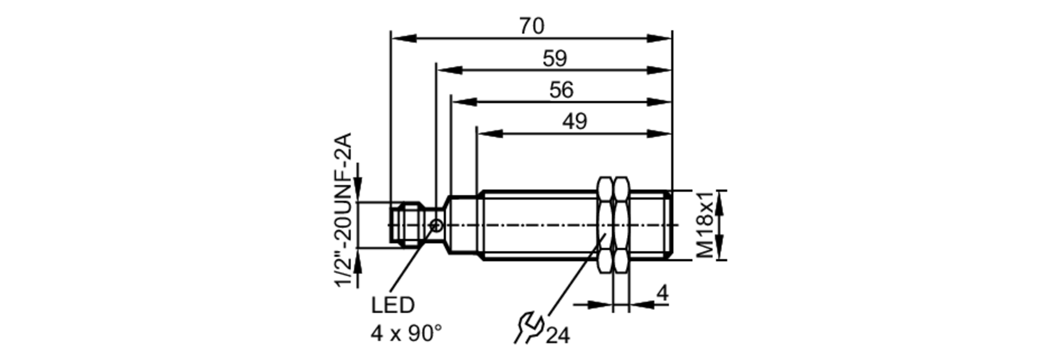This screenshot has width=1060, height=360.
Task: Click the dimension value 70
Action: [x=532, y=25]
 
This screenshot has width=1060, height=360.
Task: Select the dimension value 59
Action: [x=555, y=58]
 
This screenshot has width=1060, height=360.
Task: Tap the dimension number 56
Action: [x=561, y=90]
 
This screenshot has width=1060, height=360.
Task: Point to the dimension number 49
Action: [x=575, y=121]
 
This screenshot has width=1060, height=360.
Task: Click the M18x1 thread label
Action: [x=704, y=225]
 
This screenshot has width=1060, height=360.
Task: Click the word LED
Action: [x=392, y=305]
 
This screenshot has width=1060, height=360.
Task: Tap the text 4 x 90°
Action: [x=405, y=333]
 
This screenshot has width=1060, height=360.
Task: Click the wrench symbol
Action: [x=528, y=328]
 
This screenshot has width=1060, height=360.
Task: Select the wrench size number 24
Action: [x=558, y=336]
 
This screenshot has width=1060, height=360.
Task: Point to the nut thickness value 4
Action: [x=662, y=293]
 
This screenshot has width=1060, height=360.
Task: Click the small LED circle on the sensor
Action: [x=436, y=225]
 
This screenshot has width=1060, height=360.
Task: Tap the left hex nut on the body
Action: [x=605, y=225]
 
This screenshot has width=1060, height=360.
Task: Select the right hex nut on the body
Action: [x=621, y=225]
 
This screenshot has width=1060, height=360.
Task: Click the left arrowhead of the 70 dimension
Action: [x=403, y=38]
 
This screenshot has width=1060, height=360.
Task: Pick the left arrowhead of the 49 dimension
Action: [x=489, y=134]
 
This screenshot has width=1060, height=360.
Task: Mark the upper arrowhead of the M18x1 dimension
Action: [x=719, y=203]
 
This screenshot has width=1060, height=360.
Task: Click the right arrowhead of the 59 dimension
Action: [x=660, y=70]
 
